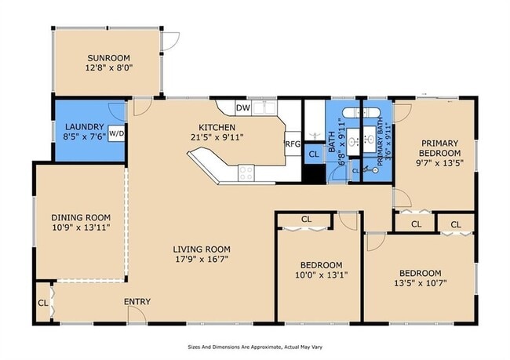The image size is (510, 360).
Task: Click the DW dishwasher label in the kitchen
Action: (243, 108)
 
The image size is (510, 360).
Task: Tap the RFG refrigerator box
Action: (293, 144)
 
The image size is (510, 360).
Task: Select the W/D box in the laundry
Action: (116, 133)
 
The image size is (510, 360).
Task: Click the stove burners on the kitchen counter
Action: (246, 173)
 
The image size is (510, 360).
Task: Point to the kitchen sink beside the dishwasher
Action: (264, 108)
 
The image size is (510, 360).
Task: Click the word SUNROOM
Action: (108, 58)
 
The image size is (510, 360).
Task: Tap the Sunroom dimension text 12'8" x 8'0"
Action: (109, 68)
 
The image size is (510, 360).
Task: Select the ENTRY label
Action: (137, 301)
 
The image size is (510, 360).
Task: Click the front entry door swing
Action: (137, 315)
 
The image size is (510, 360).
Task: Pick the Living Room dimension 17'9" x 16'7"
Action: (202, 259)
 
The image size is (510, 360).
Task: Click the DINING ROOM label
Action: (81, 217)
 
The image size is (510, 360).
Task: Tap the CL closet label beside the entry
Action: (43, 303)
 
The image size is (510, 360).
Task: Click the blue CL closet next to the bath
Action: (314, 155)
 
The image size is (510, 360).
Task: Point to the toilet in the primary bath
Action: (370, 169)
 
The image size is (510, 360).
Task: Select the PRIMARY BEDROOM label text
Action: (439, 148)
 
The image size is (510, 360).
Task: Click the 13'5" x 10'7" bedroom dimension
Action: (421, 283)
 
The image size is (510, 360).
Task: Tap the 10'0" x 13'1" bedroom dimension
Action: (321, 275)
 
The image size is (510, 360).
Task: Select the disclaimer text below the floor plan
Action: (255, 347)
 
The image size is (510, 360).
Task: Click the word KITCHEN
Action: (217, 127)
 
